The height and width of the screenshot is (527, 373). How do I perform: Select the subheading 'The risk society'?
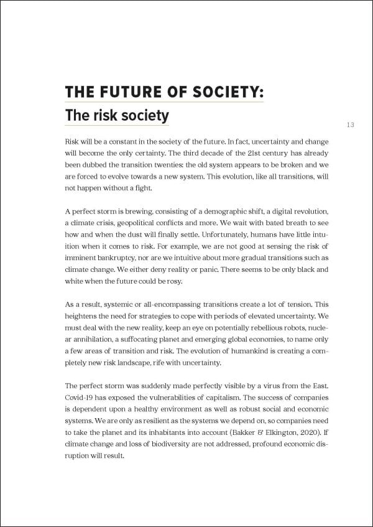[117, 116]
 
